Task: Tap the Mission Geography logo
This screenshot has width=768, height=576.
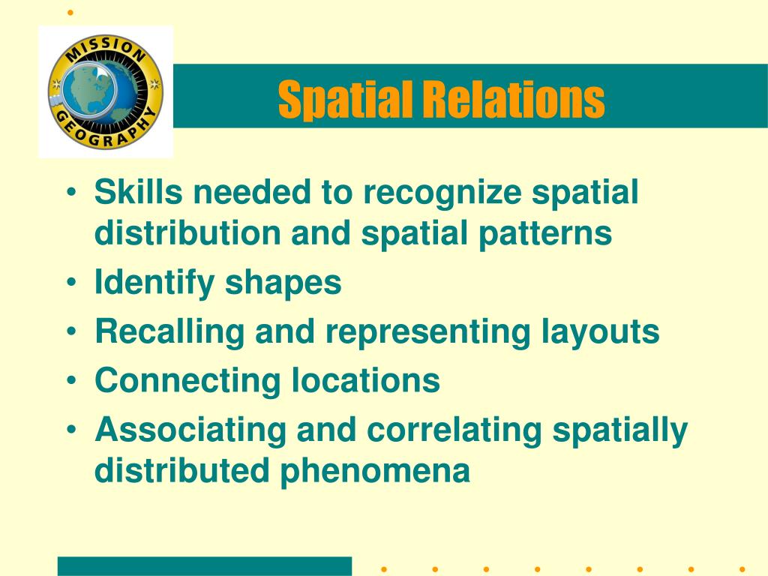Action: tap(105, 91)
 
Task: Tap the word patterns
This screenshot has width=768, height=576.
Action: tap(545, 234)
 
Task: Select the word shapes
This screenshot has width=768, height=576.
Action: tap(283, 283)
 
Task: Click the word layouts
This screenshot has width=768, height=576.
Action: tap(601, 333)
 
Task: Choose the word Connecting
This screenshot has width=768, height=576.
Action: tap(188, 382)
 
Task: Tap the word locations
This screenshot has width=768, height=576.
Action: tap(366, 380)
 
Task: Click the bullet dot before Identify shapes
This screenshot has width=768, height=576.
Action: tap(72, 283)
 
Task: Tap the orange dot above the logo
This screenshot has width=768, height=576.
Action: tap(70, 12)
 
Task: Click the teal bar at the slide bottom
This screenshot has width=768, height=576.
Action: tap(205, 566)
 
